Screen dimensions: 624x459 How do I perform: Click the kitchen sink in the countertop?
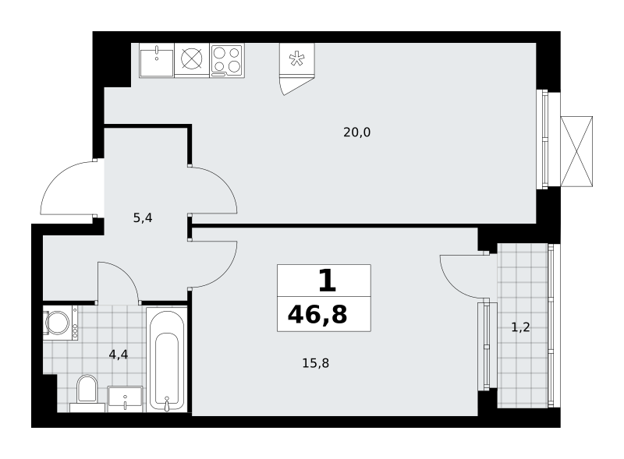[157, 61]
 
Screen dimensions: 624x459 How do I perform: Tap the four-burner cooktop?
[227, 61]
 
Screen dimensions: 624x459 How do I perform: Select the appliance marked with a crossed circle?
[192, 61]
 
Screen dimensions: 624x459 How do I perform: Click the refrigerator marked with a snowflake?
[297, 59]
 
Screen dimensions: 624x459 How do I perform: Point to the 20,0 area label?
[357, 132]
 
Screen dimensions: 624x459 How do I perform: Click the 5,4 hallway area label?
[143, 218]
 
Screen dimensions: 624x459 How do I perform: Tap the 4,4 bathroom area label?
[119, 355]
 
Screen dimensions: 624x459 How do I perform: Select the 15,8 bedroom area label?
[316, 363]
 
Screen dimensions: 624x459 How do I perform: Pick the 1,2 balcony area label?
[520, 327]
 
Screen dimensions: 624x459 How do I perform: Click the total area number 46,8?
[317, 315]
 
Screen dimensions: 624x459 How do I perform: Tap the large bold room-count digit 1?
[328, 281]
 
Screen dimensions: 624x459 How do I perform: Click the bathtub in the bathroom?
[167, 359]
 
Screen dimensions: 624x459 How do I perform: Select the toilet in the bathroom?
[87, 393]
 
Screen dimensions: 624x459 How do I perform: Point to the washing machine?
[61, 323]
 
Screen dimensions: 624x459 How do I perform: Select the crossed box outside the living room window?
[576, 151]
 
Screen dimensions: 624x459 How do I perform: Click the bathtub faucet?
[167, 404]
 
